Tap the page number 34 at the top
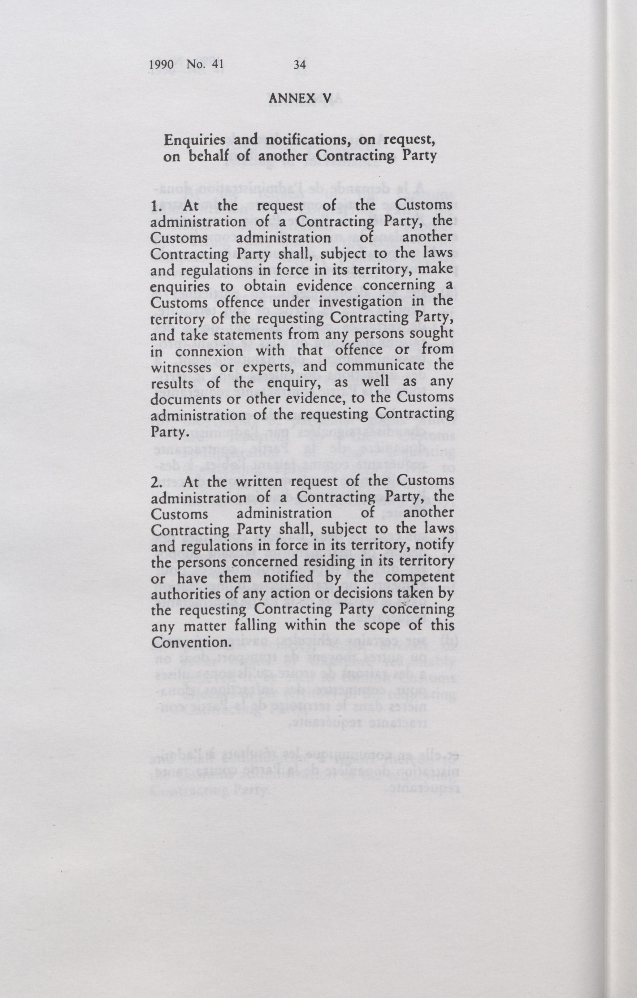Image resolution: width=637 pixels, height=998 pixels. [x=299, y=64]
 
